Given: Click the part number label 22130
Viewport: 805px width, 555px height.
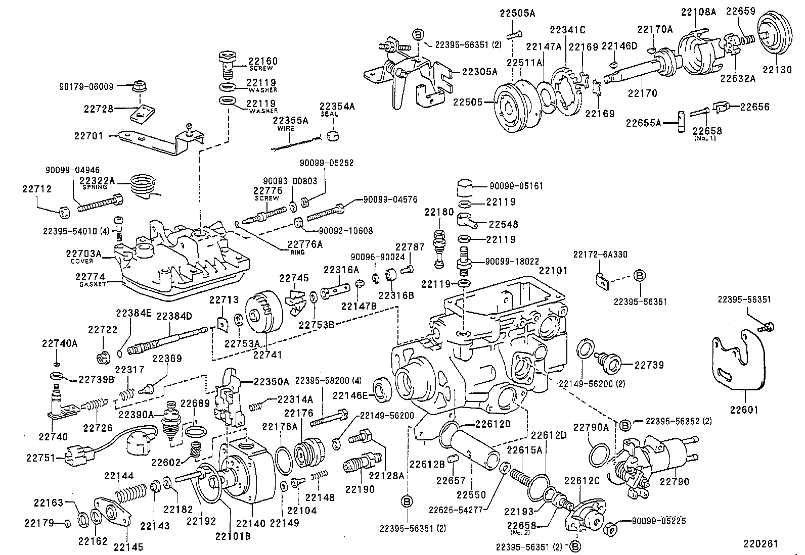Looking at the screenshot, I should click(x=777, y=70).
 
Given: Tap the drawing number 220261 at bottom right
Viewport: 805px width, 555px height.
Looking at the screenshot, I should click(x=760, y=543).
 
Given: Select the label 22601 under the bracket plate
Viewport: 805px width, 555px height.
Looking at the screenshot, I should click(x=744, y=410).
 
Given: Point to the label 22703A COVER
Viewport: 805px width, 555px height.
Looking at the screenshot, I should click(x=83, y=254).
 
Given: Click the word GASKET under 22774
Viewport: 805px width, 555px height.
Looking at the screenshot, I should click(x=93, y=284).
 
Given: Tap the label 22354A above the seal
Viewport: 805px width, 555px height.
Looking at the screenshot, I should click(x=337, y=107).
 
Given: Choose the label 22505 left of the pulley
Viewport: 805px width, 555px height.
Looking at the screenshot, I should click(x=468, y=102).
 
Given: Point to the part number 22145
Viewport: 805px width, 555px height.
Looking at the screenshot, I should click(x=128, y=546).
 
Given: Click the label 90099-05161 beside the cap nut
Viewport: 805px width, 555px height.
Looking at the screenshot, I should click(x=516, y=186).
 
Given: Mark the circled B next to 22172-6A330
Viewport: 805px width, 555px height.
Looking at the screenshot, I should click(x=639, y=276).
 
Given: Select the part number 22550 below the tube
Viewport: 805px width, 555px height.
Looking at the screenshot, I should click(x=471, y=495).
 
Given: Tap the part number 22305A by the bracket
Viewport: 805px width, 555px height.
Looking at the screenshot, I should click(x=479, y=72).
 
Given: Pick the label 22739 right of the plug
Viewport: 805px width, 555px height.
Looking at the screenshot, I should click(x=649, y=365).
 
